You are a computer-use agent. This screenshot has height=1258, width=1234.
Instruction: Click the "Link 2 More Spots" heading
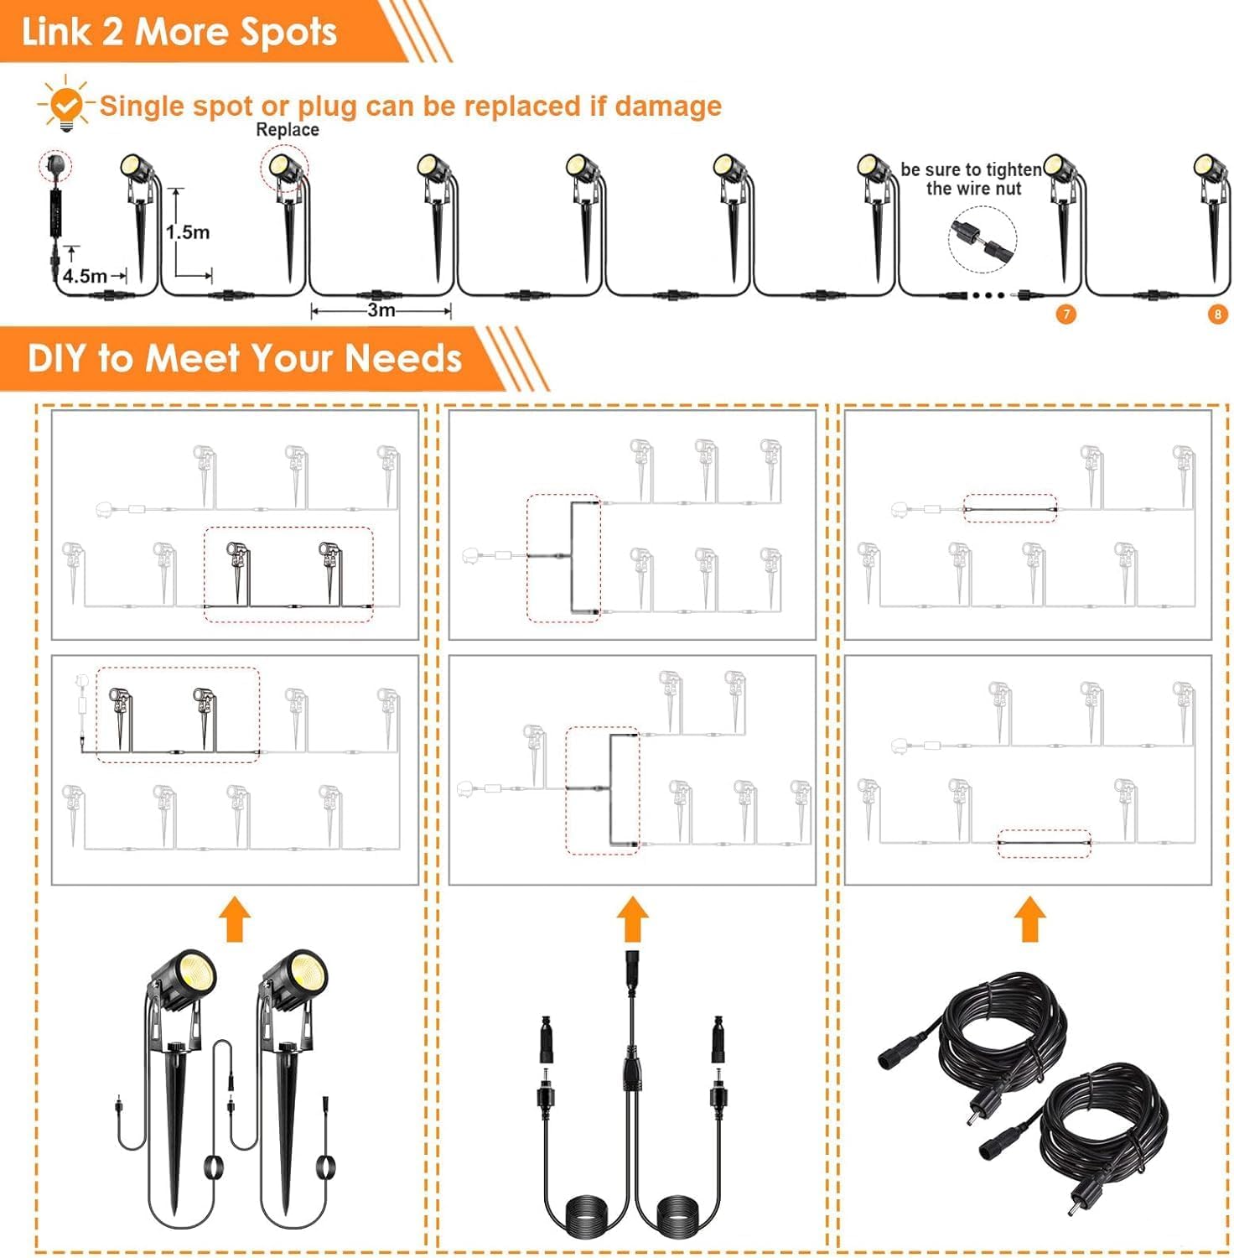click(x=179, y=32)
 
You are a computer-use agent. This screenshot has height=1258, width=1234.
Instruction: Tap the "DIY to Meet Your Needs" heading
click(x=245, y=358)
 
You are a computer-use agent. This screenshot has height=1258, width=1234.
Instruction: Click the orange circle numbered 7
click(x=1065, y=314)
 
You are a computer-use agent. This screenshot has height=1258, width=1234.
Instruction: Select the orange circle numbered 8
click(x=1218, y=314)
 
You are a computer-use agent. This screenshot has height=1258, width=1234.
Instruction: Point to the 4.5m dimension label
click(x=85, y=276)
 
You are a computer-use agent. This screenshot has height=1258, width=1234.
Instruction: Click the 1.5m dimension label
click(x=188, y=232)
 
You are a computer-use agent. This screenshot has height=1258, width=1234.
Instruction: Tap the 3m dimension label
click(x=381, y=310)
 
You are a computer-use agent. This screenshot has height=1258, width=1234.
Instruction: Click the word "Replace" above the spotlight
click(x=288, y=130)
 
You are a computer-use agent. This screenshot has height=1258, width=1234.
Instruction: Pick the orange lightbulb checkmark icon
click(x=65, y=104)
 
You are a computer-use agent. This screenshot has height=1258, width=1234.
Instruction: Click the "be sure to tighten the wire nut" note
click(x=972, y=179)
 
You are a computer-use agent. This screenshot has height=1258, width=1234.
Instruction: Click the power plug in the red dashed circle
click(x=55, y=165)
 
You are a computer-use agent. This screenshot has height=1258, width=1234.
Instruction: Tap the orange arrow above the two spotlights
click(x=235, y=919)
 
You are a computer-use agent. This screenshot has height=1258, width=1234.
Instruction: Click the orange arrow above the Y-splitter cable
click(x=633, y=919)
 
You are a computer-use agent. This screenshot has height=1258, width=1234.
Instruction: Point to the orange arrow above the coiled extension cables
click(x=1029, y=919)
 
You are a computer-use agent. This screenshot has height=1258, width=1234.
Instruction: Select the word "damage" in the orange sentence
click(x=668, y=107)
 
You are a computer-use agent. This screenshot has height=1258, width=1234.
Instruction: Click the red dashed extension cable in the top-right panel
click(x=1009, y=509)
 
